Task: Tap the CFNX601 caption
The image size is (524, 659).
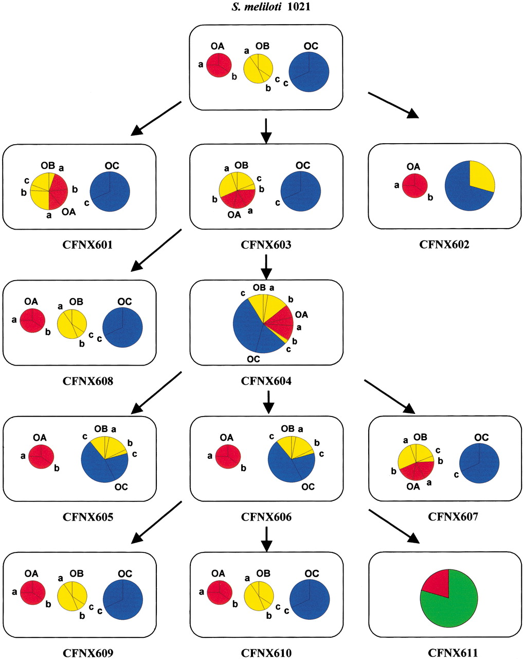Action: pos(87,245)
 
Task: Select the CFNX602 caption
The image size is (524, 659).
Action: pos(444,245)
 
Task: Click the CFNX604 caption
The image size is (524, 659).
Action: pos(266,381)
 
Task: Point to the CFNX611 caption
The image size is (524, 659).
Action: pos(453,653)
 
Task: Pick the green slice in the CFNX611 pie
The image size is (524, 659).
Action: pos(453,608)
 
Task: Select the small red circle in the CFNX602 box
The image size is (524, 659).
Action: pos(414,185)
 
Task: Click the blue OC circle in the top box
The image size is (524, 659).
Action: pos(309,72)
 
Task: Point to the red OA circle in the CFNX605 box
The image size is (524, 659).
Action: pos(41,457)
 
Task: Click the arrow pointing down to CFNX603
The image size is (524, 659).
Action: pos(266,131)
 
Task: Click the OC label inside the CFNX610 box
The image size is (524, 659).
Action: pos(312,574)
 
